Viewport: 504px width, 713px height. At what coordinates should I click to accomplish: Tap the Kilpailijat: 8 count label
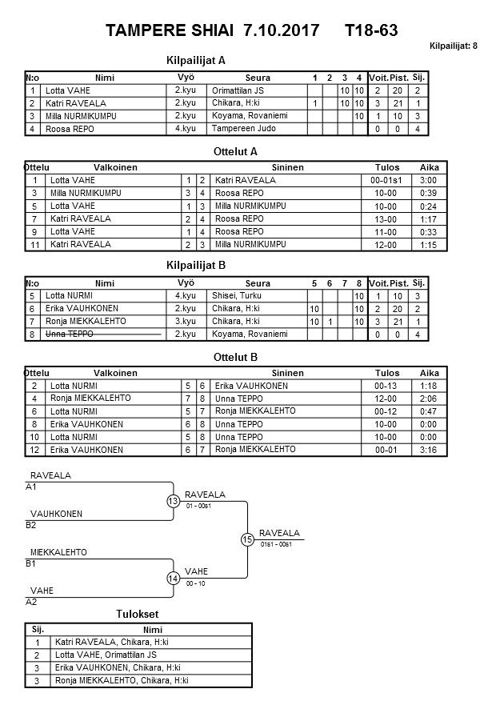coord(454,46)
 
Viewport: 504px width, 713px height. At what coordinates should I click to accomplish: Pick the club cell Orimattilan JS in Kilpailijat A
coord(238,90)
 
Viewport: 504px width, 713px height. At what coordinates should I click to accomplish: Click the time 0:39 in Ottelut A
coord(430,193)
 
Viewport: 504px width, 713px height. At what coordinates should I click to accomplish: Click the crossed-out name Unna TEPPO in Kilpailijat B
coord(70,334)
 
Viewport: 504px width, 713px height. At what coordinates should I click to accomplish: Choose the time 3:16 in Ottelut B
coord(430,450)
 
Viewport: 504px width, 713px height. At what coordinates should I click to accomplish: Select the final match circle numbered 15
coord(248,539)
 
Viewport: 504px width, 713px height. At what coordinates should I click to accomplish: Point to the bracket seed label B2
coord(31,525)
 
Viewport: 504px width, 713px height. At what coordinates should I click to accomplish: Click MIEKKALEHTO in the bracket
coord(58,552)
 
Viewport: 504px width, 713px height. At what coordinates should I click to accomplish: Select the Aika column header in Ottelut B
coord(430,373)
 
